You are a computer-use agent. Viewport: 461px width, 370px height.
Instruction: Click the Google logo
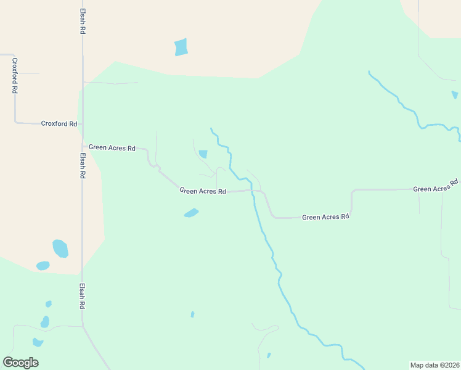20,363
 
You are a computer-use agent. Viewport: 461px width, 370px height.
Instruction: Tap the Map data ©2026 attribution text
435,364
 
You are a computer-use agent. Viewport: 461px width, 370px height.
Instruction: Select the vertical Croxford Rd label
14,75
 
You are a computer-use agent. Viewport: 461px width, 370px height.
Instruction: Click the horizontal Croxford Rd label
59,123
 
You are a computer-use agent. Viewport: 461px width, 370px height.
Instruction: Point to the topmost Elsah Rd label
82,21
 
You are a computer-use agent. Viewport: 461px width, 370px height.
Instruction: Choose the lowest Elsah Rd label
82,297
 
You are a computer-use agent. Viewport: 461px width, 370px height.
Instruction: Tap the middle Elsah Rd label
82,166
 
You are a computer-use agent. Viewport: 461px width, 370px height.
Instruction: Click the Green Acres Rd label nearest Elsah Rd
112,148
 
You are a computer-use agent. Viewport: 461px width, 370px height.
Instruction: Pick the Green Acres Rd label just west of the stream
203,191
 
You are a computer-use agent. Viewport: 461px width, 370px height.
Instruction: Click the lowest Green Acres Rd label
325,217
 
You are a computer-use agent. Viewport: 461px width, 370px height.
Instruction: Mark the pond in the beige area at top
181,47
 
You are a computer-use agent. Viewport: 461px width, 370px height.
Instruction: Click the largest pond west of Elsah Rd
60,248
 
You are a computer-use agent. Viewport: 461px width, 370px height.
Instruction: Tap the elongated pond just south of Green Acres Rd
191,213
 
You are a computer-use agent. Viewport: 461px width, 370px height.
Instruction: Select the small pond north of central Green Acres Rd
203,154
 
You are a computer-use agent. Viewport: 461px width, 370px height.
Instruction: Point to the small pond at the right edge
455,95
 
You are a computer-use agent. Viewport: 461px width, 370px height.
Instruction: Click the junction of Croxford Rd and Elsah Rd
82,124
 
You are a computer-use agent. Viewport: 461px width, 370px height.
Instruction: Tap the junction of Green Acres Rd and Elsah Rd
83,147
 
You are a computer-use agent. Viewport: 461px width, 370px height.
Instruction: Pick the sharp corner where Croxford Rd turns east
15,122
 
